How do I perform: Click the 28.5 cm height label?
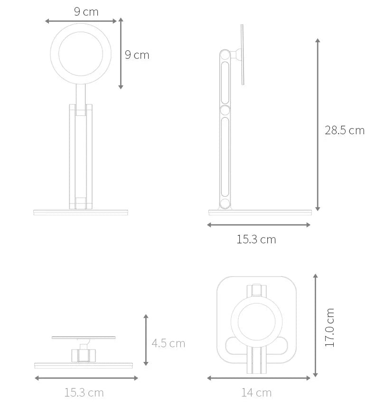[344, 130]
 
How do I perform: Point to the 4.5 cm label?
[168, 343]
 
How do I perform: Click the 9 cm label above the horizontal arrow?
[86, 12]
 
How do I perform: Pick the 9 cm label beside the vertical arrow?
[137, 55]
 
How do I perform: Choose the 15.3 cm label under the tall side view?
[256, 239]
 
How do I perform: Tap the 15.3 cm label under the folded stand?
[84, 392]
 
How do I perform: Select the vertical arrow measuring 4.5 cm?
[146, 340]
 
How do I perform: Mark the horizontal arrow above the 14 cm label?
[259, 378]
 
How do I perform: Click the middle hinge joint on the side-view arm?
[225, 110]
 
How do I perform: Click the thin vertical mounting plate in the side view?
[242, 55]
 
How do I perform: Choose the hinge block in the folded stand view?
[84, 354]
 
